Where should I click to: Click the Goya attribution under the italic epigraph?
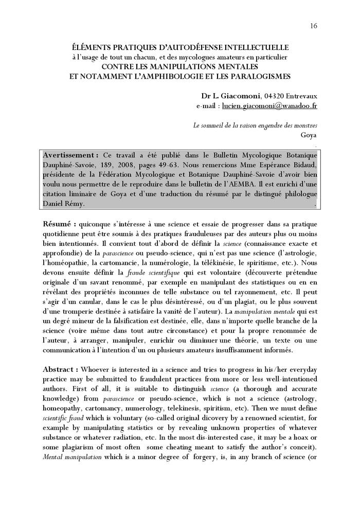pos(308,135)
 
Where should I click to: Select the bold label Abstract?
pos(61,370)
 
